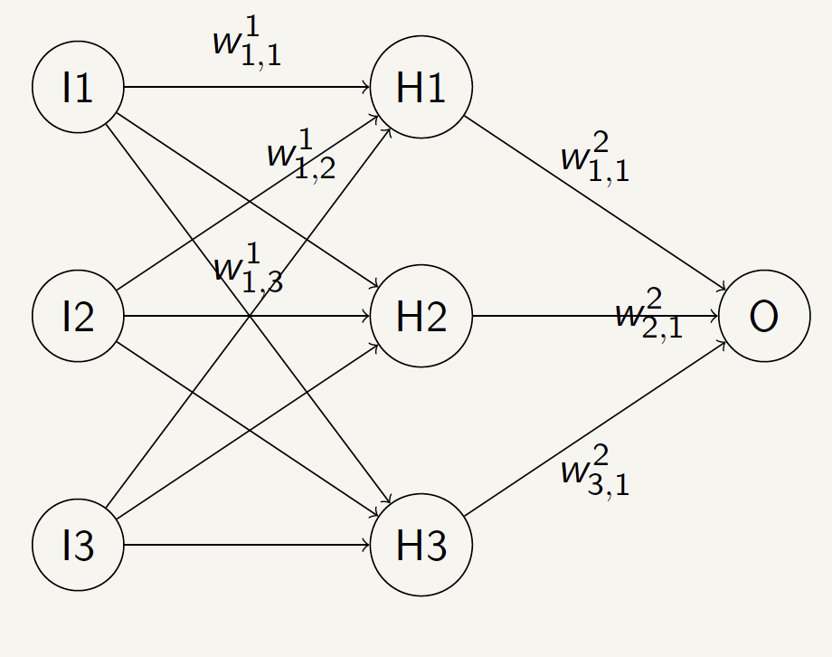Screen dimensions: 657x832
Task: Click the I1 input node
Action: [x=78, y=88]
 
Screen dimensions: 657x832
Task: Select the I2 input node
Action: [x=78, y=317]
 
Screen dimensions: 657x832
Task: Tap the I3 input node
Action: [x=78, y=546]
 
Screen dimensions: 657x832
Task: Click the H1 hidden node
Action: [x=421, y=88]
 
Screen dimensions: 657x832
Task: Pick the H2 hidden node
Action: [x=421, y=317]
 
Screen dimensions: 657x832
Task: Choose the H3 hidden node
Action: [x=421, y=546]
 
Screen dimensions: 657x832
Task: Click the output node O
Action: [x=764, y=317]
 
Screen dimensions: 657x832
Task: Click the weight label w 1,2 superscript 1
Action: [x=301, y=157]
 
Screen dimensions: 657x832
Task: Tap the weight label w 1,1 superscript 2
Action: [x=594, y=159]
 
